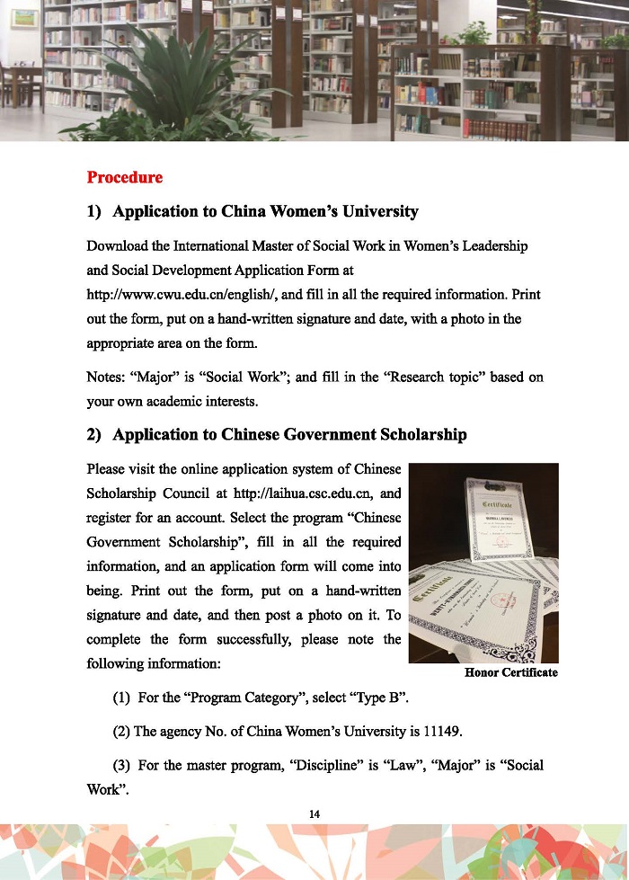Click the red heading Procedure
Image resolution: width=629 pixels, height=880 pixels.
pos(125,177)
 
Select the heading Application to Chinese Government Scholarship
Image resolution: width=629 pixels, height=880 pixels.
pos(289,435)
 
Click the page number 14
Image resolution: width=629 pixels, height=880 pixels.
pos(314,813)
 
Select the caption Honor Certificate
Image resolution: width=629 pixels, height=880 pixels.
pos(510,672)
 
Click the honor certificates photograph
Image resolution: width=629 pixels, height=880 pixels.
pos(483,563)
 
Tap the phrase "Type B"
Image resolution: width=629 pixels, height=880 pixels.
pos(390,698)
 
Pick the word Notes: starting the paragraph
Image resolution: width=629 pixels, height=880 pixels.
pos(107,378)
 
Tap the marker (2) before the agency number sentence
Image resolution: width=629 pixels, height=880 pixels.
pos(121,732)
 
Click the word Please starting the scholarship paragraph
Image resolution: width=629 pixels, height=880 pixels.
pos(105,469)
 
